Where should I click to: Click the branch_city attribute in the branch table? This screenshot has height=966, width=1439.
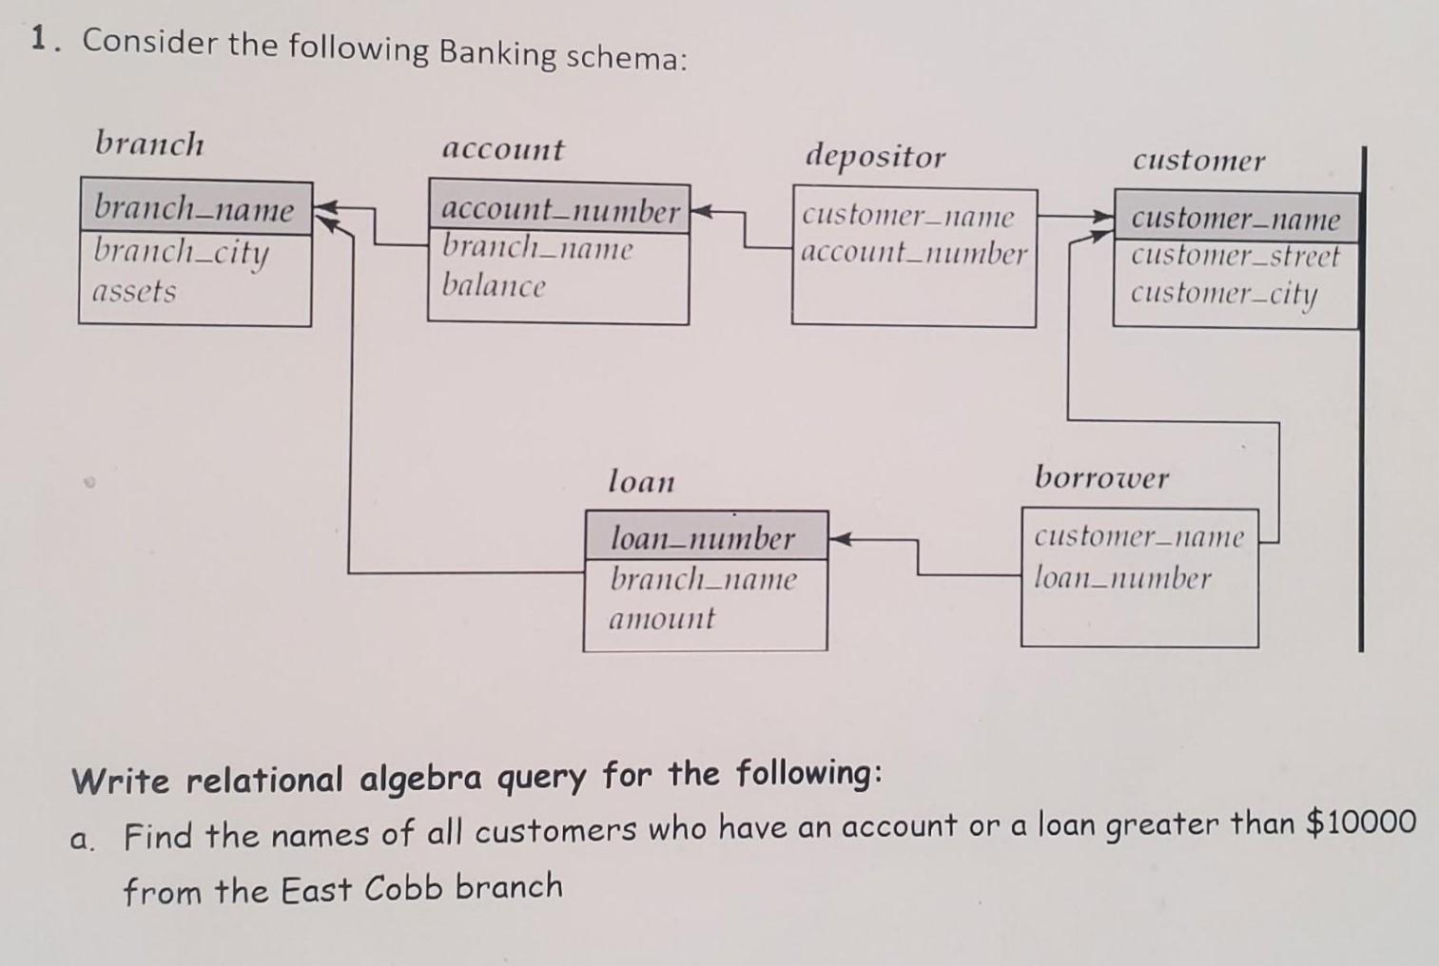pos(182,254)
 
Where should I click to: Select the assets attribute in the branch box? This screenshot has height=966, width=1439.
pos(134,291)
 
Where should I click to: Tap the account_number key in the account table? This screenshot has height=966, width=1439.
pos(560,210)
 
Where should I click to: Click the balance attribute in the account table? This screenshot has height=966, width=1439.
pos(494,285)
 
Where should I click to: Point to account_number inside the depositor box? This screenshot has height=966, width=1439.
pos(914,253)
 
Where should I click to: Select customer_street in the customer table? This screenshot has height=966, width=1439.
pos(1235,256)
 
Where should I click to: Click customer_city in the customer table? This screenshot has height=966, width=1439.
pos(1223,294)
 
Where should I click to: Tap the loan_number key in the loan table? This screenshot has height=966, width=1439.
pos(702,538)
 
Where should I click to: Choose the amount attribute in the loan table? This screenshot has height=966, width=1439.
pos(661,619)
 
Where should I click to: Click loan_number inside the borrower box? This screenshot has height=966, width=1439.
pos(1122,578)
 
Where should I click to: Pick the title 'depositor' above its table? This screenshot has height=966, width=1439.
pos(875,156)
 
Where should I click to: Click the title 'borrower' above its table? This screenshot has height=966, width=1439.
pos(1101,476)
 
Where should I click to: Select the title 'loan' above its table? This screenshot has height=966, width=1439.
pos(641,481)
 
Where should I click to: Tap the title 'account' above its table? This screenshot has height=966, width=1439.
pos(503,149)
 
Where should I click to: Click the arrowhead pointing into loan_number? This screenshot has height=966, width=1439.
pos(839,540)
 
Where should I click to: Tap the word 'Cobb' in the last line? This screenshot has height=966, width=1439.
pos(403,888)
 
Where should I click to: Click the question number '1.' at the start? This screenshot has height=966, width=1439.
pos(40,40)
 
